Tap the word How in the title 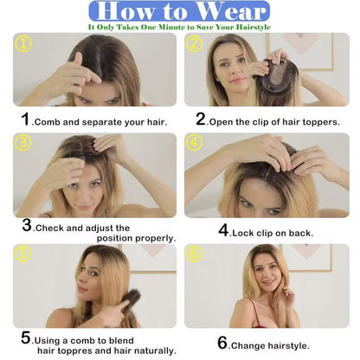pyautogui.click(x=125, y=11)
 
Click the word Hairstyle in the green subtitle pyautogui.click(x=254, y=28)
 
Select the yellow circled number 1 pyautogui.click(x=22, y=44)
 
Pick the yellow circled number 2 pyautogui.click(x=195, y=43)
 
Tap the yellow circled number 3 pyautogui.click(x=22, y=143)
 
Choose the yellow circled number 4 pyautogui.click(x=194, y=142)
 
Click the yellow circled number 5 pyautogui.click(x=22, y=254)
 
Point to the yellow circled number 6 pyautogui.click(x=194, y=254)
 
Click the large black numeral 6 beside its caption pyautogui.click(x=222, y=343)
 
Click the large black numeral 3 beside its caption pyautogui.click(x=27, y=225)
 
